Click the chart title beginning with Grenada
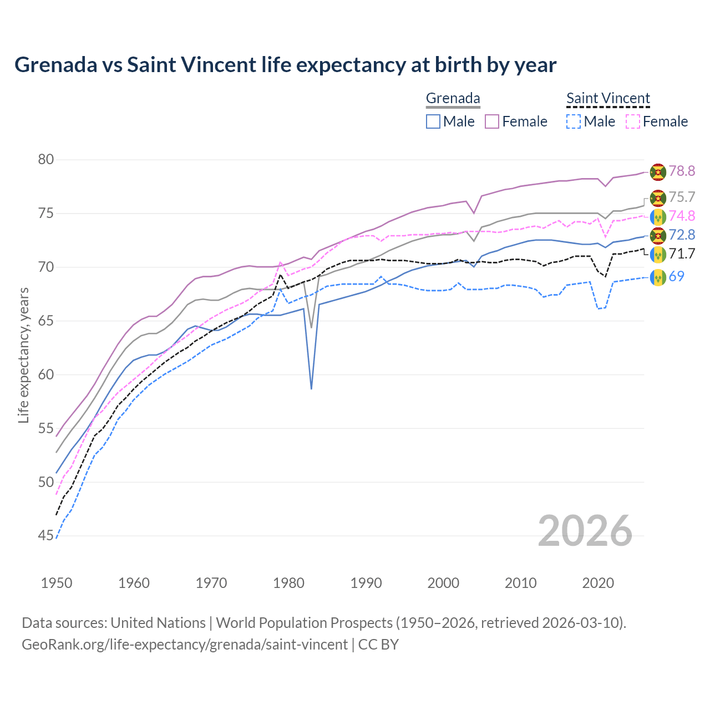click(285, 65)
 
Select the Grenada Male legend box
click(433, 121)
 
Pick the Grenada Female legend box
click(492, 121)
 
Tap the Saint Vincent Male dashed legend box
click(574, 121)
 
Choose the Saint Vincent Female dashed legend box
click(633, 121)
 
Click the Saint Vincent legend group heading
click(608, 98)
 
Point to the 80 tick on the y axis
click(46, 160)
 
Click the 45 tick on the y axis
click(46, 536)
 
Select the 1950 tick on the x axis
click(57, 583)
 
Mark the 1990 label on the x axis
click(366, 583)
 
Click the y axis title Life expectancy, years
click(23, 355)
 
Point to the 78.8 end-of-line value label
click(682, 171)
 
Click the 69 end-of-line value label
click(676, 276)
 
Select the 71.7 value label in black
click(682, 254)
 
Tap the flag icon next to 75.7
click(658, 197)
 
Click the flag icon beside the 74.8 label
click(658, 216)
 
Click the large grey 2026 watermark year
click(585, 531)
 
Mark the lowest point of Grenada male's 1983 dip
click(311, 389)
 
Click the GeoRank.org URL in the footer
click(185, 645)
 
